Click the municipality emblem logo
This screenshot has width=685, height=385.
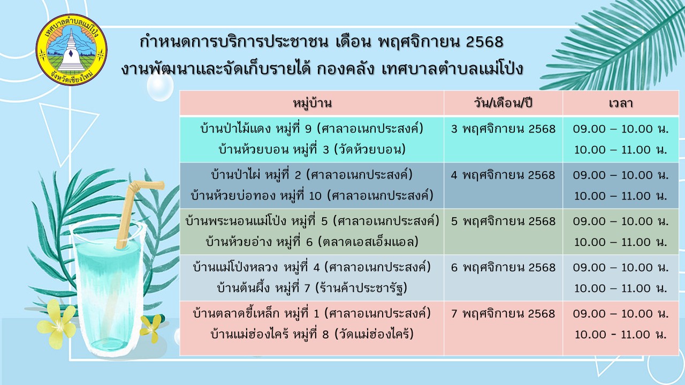(72, 50)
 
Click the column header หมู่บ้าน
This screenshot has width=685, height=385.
(312, 103)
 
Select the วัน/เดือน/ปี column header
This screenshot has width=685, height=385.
(503, 103)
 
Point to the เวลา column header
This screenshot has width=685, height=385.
(620, 103)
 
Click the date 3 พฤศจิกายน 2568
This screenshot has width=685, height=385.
(503, 129)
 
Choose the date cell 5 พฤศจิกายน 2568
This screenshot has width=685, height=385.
(503, 221)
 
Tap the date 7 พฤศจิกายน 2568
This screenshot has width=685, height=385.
(503, 314)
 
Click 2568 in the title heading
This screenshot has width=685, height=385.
(485, 42)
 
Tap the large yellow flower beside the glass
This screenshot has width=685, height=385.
(57, 324)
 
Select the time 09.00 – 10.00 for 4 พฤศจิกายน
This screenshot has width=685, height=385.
(620, 175)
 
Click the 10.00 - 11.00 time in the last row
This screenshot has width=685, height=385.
(620, 334)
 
